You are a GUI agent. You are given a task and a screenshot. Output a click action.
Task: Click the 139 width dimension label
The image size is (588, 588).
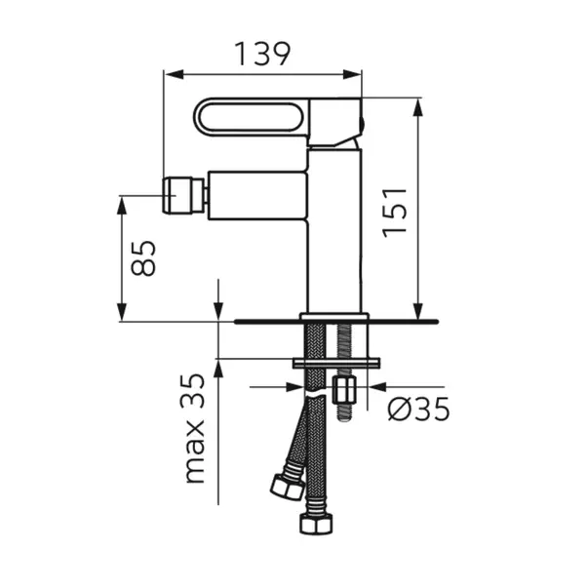pos(262,54)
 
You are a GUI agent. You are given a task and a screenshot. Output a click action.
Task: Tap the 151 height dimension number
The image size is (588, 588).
pos(394,213)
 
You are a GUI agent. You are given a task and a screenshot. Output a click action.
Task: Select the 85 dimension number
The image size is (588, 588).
pos(143,258)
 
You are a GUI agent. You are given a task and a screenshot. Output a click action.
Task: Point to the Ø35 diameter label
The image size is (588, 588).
pos(419,409)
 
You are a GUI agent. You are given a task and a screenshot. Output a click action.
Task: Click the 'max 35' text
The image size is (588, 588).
pos(192,428)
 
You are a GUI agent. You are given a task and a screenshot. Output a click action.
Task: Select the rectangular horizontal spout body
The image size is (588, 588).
pos(257,195)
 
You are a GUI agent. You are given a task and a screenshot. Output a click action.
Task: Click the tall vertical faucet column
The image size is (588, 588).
pos(334,231)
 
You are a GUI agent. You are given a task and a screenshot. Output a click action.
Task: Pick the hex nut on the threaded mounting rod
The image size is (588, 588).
pos(344,390)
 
